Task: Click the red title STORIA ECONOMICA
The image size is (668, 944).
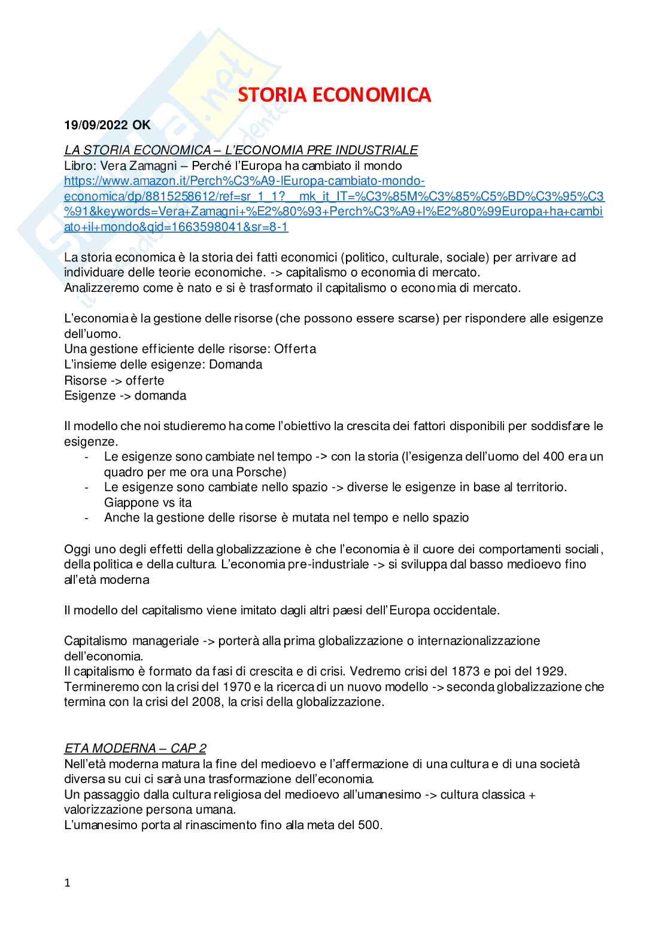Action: coord(334,95)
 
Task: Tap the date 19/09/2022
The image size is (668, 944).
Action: coord(96,125)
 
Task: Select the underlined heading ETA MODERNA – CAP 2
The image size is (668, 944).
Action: coord(135,748)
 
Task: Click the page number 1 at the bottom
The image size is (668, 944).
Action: coord(68,882)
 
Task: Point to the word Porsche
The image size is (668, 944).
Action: coord(260,472)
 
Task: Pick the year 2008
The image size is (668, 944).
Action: coord(207,702)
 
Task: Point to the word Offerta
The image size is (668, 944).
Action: coord(295,349)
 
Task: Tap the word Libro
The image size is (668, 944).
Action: coord(80,166)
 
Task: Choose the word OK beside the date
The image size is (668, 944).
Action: coord(142,125)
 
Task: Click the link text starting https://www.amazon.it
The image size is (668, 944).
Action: coord(244,181)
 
